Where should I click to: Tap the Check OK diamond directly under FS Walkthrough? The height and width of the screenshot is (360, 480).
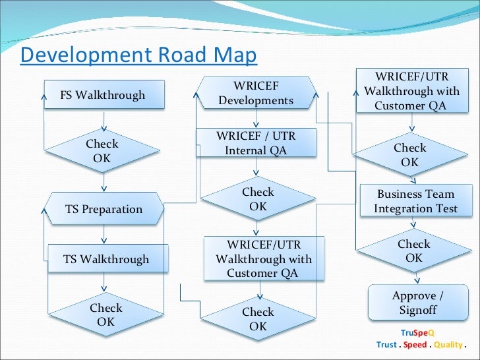tap(102, 151)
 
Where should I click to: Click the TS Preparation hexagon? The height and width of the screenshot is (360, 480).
tap(104, 209)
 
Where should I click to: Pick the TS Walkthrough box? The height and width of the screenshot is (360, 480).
tap(106, 259)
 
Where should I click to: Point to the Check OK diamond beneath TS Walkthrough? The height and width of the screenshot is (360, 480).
tap(106, 315)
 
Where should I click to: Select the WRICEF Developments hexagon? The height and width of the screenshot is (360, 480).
tap(256, 93)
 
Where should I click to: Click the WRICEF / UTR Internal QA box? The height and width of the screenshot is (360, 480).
tap(256, 143)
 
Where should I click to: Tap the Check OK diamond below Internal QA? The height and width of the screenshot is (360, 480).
tap(258, 199)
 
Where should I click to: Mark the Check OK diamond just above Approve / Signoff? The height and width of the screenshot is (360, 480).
tap(413, 251)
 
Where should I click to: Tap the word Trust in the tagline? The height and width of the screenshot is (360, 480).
tap(386, 345)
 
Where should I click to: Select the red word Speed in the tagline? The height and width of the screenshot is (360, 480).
tap(415, 345)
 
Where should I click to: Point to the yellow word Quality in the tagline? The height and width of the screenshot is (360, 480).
tap(448, 345)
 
